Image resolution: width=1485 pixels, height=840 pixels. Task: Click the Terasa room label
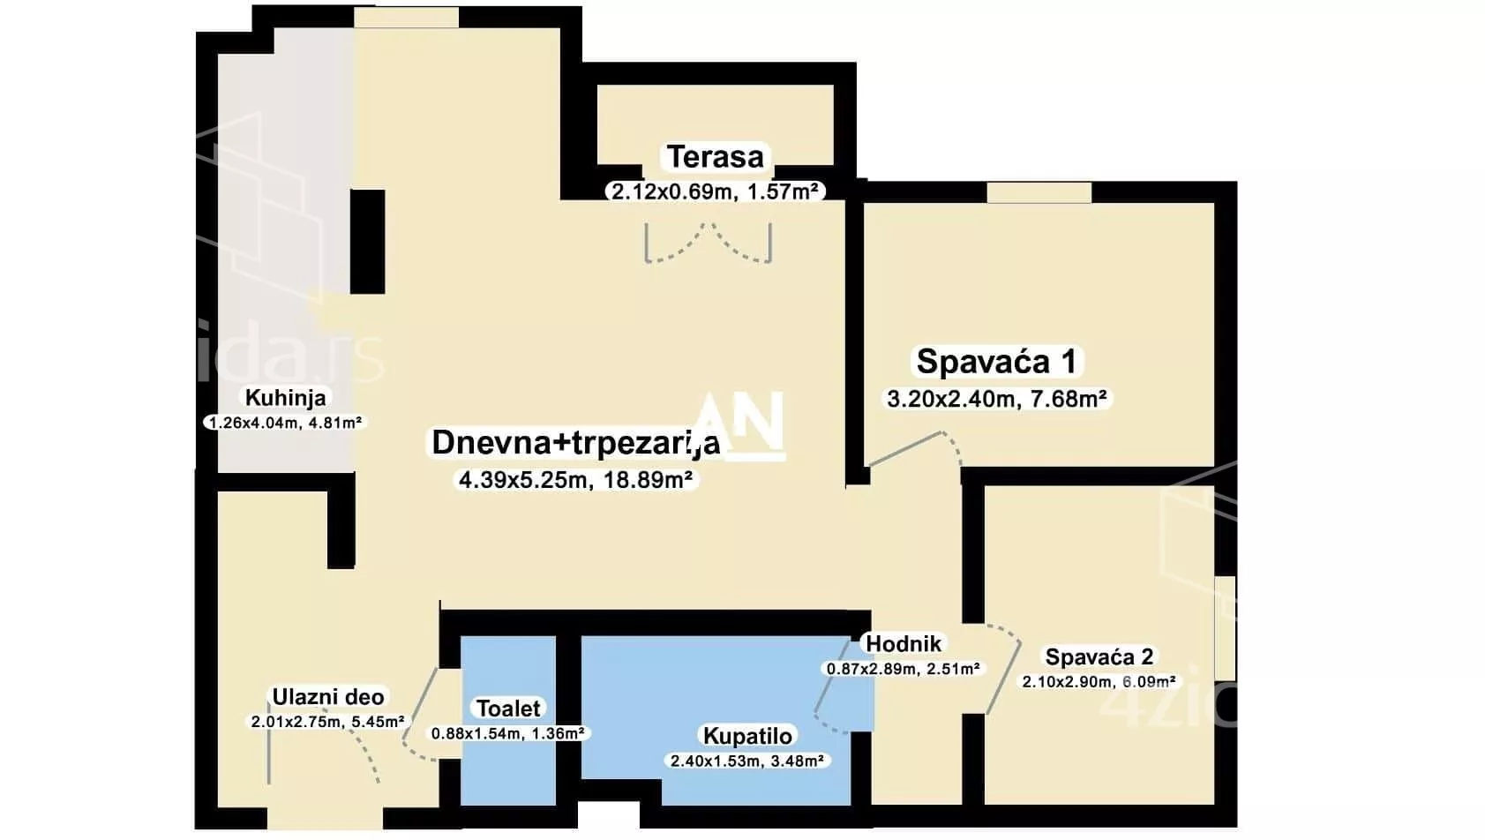tap(715, 157)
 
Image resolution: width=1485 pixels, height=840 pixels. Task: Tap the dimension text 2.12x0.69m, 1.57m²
tap(715, 191)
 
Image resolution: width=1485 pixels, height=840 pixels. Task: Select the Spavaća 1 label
tap(996, 362)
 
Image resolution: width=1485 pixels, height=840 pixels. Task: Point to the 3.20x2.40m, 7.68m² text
tap(996, 399)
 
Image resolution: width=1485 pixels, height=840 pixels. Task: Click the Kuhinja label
tap(285, 398)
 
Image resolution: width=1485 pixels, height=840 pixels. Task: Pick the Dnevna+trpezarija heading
tap(575, 443)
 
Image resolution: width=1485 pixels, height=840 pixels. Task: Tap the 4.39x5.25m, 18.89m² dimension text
tap(575, 480)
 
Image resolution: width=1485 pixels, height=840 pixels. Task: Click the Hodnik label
tap(904, 644)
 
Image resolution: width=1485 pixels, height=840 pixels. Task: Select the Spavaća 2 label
tap(1099, 657)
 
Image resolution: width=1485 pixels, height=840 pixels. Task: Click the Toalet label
tap(508, 709)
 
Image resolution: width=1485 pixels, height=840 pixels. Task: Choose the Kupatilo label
tap(747, 736)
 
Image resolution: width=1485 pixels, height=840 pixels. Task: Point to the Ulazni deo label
tap(327, 698)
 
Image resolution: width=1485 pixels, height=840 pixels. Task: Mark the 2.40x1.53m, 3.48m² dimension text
tap(747, 761)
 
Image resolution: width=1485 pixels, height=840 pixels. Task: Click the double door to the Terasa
tap(709, 243)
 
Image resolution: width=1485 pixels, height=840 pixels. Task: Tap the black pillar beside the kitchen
tap(367, 241)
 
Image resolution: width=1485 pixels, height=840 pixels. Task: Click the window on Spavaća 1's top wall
tap(1039, 191)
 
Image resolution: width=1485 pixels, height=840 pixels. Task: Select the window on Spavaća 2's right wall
tap(1225, 627)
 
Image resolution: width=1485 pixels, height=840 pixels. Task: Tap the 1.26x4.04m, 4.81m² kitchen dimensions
tap(283, 423)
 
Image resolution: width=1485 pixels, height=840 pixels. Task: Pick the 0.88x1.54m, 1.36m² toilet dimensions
tap(508, 733)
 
